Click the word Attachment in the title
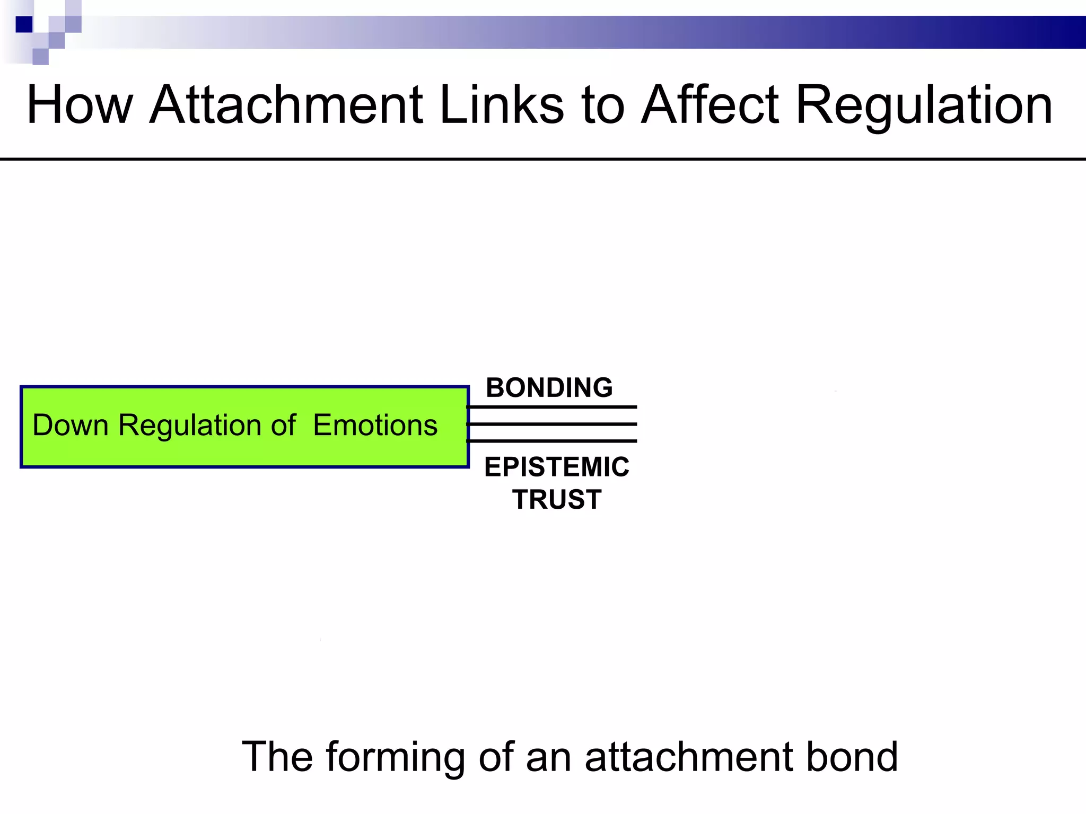click(286, 105)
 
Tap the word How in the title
click(80, 105)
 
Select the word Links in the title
click(502, 105)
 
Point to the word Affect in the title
click(710, 105)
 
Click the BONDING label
click(549, 387)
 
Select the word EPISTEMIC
click(556, 467)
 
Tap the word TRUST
click(556, 499)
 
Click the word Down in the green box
click(71, 425)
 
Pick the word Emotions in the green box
click(375, 425)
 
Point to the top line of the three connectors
click(551, 407)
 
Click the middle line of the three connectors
click(551, 424)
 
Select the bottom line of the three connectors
click(551, 441)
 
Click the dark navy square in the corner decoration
click(24, 24)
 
